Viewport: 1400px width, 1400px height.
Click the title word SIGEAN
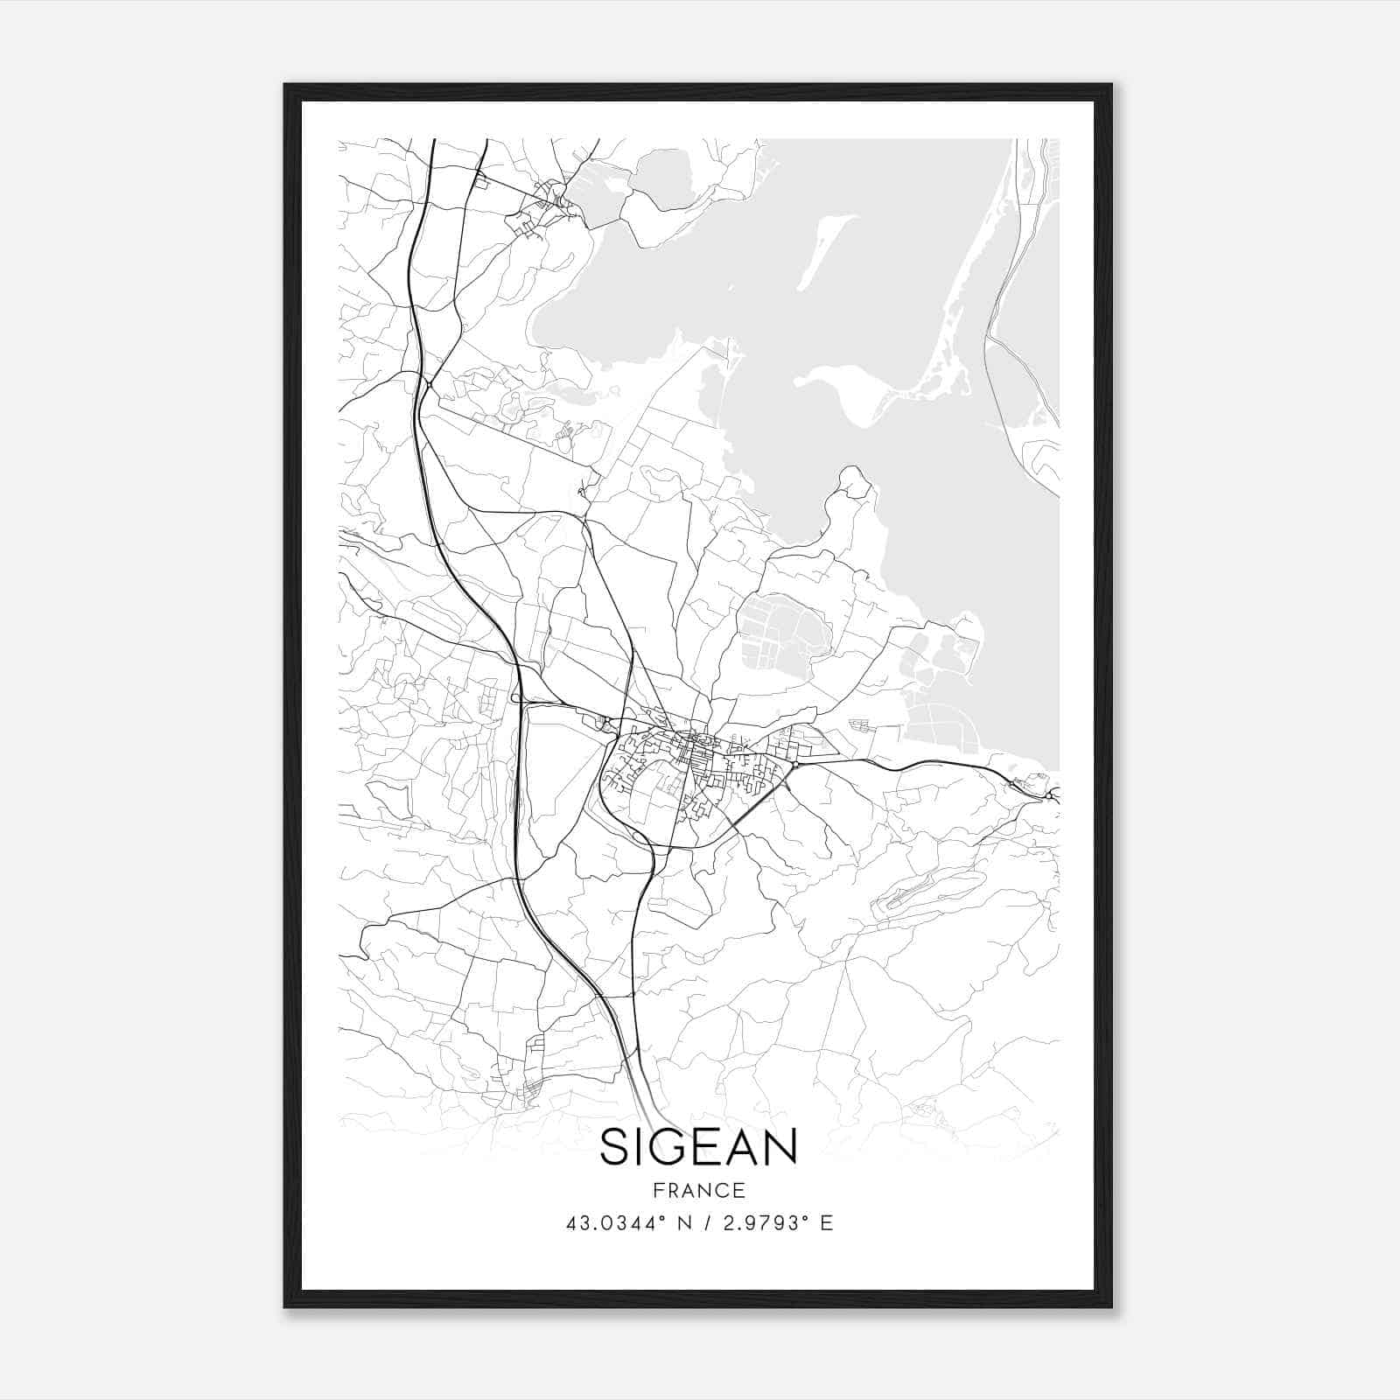698,1147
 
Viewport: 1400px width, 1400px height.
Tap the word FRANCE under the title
698,1191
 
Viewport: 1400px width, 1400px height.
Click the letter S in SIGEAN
616,1147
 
